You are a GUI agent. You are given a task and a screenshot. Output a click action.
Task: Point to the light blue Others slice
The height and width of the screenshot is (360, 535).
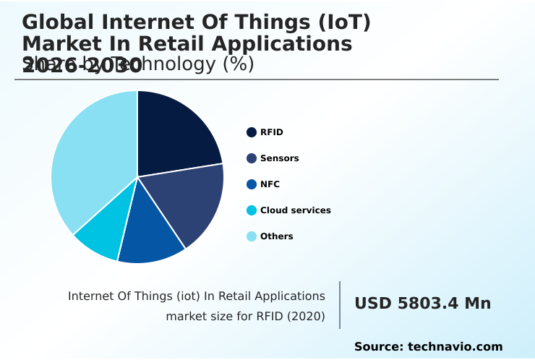point(90,159)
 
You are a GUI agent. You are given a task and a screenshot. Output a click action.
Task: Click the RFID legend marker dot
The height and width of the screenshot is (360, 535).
point(252,132)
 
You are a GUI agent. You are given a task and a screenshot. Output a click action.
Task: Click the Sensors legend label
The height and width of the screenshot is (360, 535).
point(279,158)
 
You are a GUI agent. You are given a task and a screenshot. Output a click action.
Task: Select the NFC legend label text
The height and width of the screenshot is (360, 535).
point(270,184)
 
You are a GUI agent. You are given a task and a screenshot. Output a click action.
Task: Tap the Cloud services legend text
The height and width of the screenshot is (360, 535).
point(295,210)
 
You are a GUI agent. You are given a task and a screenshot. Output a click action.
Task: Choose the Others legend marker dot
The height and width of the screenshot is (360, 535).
point(252,236)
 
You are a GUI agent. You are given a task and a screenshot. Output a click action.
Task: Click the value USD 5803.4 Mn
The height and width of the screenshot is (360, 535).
point(422,304)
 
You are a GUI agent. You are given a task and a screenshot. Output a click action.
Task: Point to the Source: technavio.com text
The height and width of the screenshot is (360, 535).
point(428,347)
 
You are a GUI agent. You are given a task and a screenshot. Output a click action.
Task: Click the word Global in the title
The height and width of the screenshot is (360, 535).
point(58,22)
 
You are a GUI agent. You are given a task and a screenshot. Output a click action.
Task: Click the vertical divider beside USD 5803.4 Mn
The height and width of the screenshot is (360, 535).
point(340,305)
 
